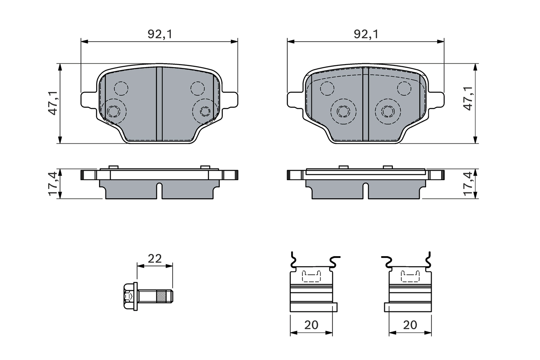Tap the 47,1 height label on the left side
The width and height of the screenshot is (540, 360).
pos(53,104)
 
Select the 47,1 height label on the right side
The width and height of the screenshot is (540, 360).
pos(468,99)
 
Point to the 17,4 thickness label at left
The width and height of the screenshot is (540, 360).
pos(53,184)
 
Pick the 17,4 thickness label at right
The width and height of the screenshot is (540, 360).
pos(468,184)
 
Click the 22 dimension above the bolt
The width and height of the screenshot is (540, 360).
pos(155,259)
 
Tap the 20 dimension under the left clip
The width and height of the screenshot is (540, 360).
pos(311,325)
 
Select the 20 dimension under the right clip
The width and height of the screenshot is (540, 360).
pos(410,325)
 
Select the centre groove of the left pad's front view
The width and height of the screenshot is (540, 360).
pos(159,104)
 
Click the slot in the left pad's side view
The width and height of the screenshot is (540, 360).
pos(159,190)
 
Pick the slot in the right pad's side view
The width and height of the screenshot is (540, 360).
pos(366,190)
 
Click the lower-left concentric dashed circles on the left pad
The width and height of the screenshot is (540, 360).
pos(113,111)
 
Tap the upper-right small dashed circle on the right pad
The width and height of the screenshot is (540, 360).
pos(404,88)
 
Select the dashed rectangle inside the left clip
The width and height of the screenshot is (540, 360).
pos(311,276)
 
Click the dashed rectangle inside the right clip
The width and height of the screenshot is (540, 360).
pos(410,276)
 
